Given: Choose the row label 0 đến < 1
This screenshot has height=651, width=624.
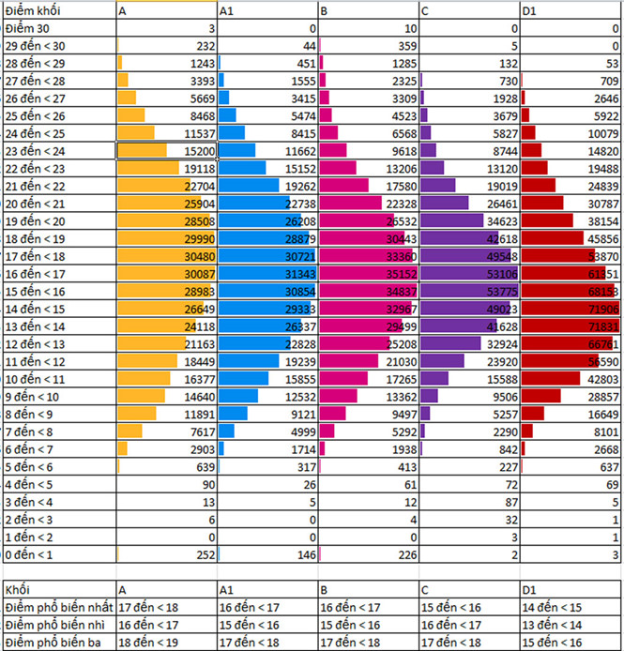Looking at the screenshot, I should point(29,555).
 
